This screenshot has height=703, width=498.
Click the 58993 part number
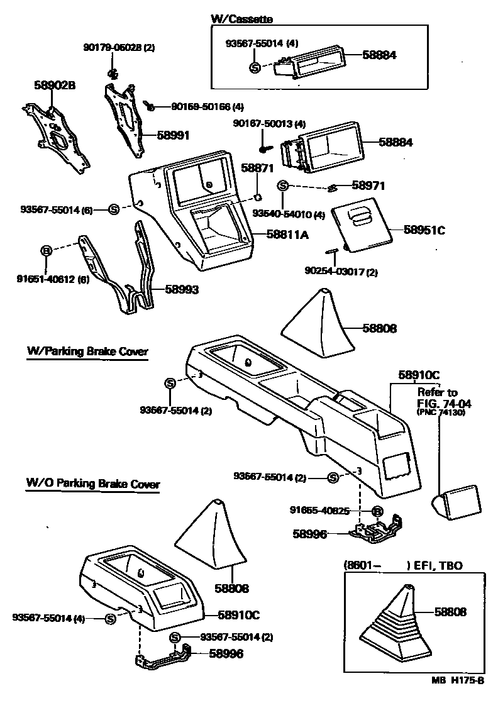[x=182, y=290]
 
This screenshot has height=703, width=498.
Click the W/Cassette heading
[x=241, y=19]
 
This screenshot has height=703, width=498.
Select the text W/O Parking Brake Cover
[x=92, y=484]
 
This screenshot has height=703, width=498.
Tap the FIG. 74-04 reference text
[x=444, y=403]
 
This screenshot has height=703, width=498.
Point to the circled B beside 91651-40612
[x=45, y=251]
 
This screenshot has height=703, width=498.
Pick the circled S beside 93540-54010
[x=283, y=185]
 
